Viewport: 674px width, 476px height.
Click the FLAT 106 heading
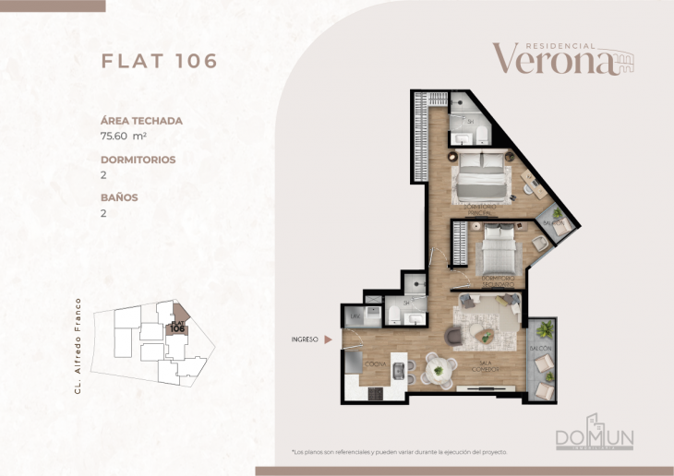[x=159, y=61]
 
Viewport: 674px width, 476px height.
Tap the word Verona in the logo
[x=552, y=60]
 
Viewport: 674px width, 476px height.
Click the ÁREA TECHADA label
[x=141, y=120]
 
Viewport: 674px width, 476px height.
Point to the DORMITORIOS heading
[x=138, y=159]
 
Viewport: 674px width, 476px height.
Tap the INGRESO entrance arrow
[x=327, y=339]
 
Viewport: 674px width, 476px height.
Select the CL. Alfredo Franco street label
[x=79, y=345]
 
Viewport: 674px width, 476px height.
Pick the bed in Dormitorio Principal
[x=482, y=174]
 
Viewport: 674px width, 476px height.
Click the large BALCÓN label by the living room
[x=540, y=348]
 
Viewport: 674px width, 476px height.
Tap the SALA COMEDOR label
[x=488, y=366]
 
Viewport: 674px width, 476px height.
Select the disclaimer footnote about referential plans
[x=399, y=452]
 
